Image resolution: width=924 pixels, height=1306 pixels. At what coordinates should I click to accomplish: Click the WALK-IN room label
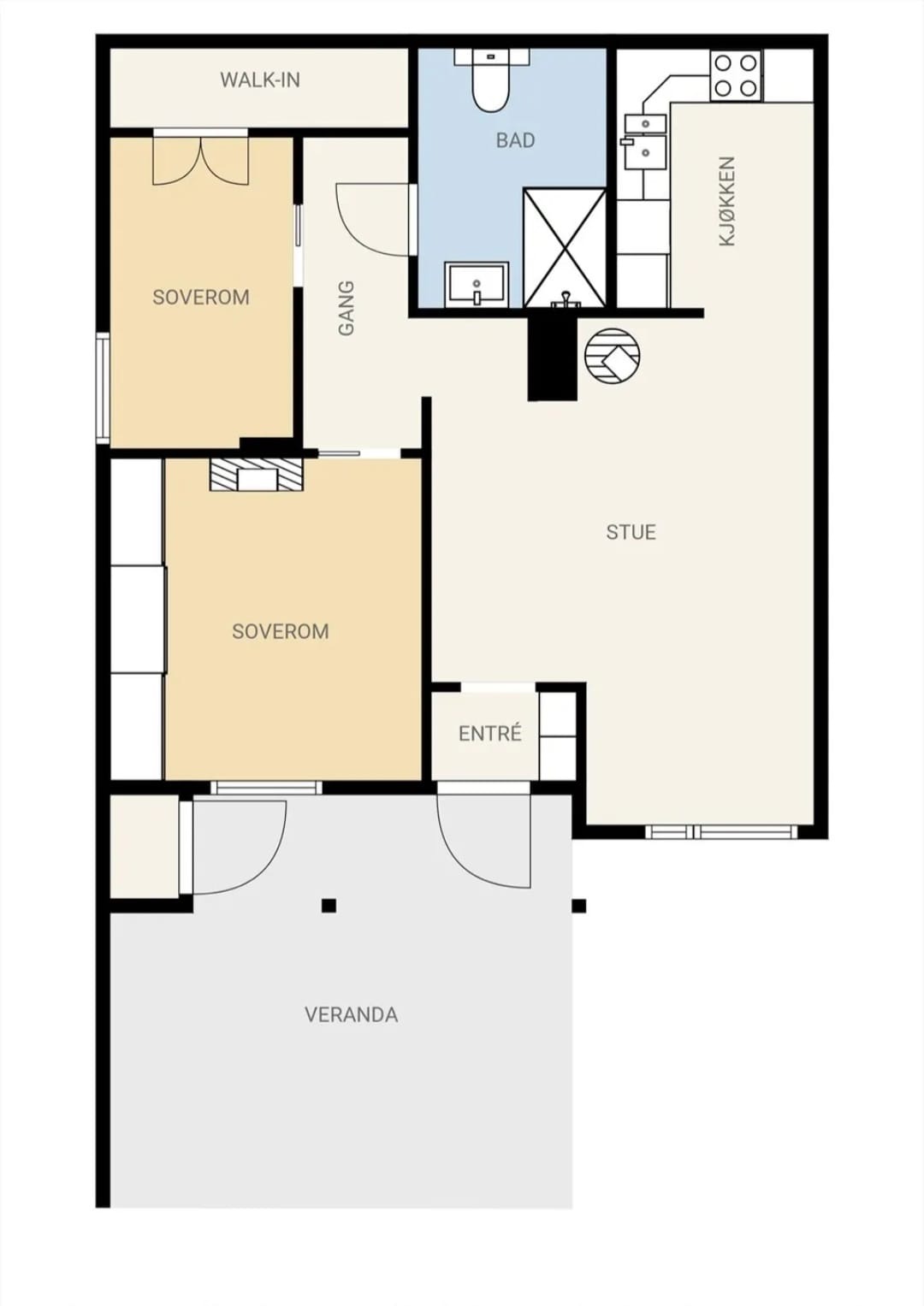point(260,80)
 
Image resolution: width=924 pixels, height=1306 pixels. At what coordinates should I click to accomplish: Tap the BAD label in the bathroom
point(515,140)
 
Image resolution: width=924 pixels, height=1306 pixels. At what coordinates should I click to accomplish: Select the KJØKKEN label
point(727,201)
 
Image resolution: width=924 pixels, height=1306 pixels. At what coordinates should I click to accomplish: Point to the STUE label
point(631,532)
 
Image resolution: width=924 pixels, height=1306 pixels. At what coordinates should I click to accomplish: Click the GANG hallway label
point(346,309)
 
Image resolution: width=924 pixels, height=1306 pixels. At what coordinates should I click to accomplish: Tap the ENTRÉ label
point(490,733)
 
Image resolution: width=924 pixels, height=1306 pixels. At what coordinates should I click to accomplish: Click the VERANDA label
point(351,1015)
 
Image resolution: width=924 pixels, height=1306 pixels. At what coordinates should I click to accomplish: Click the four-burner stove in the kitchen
point(736,75)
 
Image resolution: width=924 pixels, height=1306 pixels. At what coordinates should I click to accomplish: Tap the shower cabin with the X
point(565,248)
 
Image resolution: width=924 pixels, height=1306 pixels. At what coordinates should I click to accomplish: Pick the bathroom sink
point(477,285)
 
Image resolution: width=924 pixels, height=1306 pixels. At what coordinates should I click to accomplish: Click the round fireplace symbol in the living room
point(613,355)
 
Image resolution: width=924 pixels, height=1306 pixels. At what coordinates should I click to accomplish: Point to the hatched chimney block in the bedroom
point(257,475)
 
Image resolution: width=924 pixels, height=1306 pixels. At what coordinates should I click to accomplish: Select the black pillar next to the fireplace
point(553,358)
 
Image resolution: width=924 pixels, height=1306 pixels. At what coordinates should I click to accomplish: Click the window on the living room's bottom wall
point(721,831)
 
